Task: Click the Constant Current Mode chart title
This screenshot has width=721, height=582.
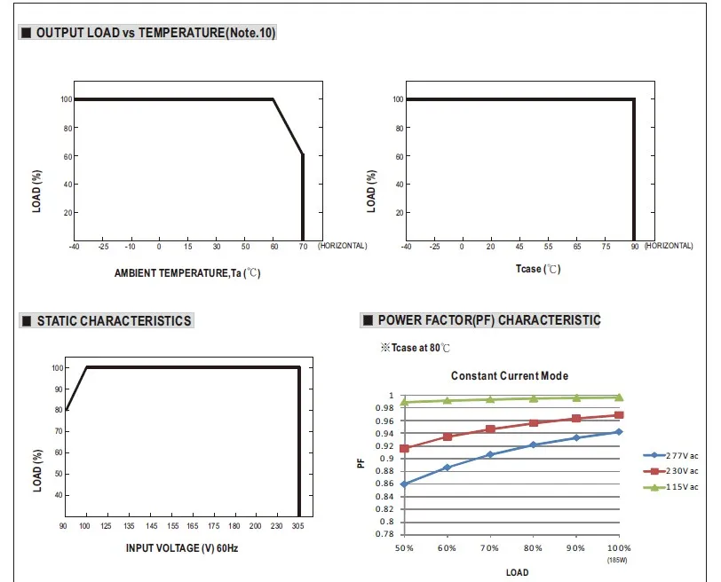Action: (x=509, y=376)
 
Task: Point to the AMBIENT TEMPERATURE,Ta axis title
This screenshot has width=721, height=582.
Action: (x=187, y=273)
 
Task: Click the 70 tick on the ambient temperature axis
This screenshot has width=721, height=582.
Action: (x=304, y=246)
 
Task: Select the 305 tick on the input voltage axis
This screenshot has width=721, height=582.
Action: (x=298, y=527)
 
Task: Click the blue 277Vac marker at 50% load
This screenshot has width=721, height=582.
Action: (x=404, y=484)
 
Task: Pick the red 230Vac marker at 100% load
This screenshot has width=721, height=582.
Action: (x=618, y=415)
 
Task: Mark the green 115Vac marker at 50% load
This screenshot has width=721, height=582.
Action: (x=404, y=402)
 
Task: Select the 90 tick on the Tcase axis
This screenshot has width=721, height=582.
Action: (x=634, y=246)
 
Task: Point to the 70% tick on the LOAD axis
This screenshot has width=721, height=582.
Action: (x=489, y=548)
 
